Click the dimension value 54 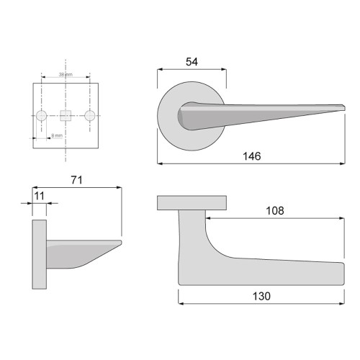click(192, 63)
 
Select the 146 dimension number click(251, 156)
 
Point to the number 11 click(39, 195)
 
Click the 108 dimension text click(274, 211)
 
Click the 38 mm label click(66, 75)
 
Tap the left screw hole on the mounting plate click(42, 115)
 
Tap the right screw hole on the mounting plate click(89, 115)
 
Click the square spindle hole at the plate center click(66, 115)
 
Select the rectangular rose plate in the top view click(192, 203)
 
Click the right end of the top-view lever click(344, 272)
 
